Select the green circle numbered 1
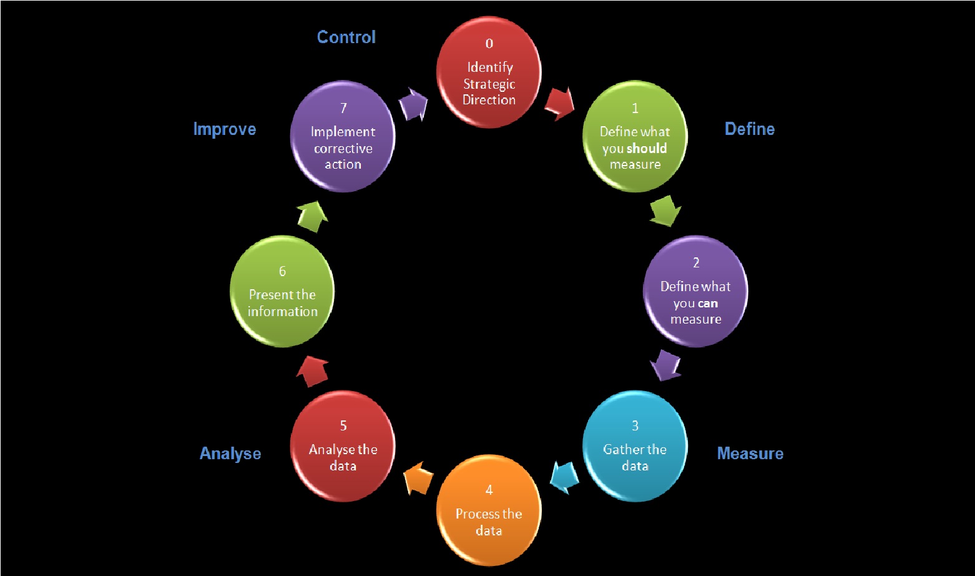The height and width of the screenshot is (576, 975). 635,136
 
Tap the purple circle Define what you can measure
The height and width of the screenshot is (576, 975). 695,291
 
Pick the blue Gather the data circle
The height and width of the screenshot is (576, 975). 635,446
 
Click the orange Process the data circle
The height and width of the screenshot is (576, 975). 489,510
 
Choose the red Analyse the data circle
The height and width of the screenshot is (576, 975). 343,446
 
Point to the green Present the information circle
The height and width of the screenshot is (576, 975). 282,291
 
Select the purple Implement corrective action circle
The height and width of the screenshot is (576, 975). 343,136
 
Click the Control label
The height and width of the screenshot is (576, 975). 346,37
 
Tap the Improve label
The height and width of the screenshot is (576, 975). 225,129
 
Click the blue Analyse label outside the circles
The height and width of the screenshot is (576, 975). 230,454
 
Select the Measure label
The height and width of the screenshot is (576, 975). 750,454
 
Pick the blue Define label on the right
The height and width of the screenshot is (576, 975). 750,129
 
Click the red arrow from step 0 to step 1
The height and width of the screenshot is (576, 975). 560,104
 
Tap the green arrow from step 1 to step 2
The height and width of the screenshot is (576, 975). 665,211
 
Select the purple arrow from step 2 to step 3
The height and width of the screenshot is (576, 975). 665,365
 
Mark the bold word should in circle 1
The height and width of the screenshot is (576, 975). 647,149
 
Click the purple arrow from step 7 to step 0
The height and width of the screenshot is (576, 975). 413,104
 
